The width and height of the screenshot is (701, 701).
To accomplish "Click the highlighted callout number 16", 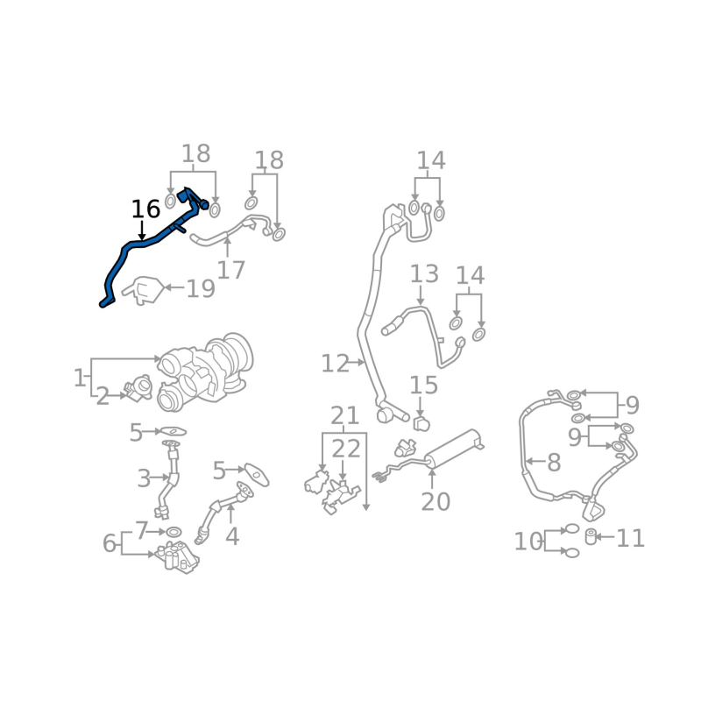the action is click(x=145, y=209).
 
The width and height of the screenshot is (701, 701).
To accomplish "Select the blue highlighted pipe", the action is click(x=143, y=244).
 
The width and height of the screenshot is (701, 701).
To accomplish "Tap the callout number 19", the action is click(x=201, y=288).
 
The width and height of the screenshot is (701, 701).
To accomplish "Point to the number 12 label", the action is click(x=335, y=364).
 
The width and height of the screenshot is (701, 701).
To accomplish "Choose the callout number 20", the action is click(x=435, y=501).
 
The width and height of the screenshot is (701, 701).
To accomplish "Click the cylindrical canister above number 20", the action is click(x=454, y=449).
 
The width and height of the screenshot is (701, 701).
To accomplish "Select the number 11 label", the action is click(x=630, y=538).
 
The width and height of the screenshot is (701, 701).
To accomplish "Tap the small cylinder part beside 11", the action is click(x=591, y=536).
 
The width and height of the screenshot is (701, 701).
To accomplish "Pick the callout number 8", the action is click(x=554, y=463).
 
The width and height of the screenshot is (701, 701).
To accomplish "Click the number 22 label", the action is click(x=345, y=449).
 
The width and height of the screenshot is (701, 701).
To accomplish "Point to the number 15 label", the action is click(x=424, y=385).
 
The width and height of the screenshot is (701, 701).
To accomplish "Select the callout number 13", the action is click(x=424, y=273).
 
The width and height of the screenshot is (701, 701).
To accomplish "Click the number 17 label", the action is click(x=230, y=270).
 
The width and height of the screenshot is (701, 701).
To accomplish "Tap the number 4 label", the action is click(x=232, y=536).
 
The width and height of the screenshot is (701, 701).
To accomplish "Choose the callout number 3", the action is click(x=144, y=478).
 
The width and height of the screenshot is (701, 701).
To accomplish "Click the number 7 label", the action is click(x=142, y=531).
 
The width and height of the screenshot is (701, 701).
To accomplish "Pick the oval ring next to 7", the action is click(x=173, y=532).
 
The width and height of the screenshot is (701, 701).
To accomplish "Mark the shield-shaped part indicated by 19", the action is click(x=143, y=291).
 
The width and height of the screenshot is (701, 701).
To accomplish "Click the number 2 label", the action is click(x=103, y=397).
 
